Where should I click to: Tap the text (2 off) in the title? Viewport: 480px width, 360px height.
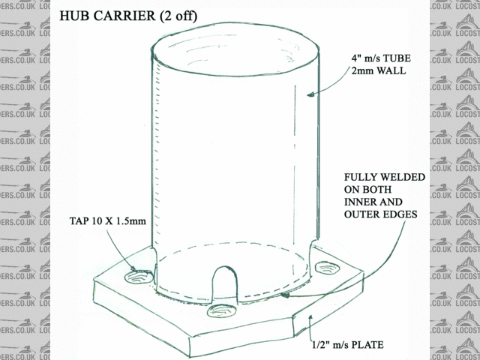coord(178,16)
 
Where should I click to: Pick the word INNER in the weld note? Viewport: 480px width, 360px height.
coord(359,202)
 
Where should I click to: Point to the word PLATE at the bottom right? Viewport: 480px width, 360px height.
coord(367,345)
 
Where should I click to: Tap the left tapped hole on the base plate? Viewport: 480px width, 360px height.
coord(139,277)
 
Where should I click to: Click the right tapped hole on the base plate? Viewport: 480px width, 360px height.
coord(327,268)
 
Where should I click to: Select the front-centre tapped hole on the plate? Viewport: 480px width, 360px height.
coord(223,310)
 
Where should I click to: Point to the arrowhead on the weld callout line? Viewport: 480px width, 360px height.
coord(286,295)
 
